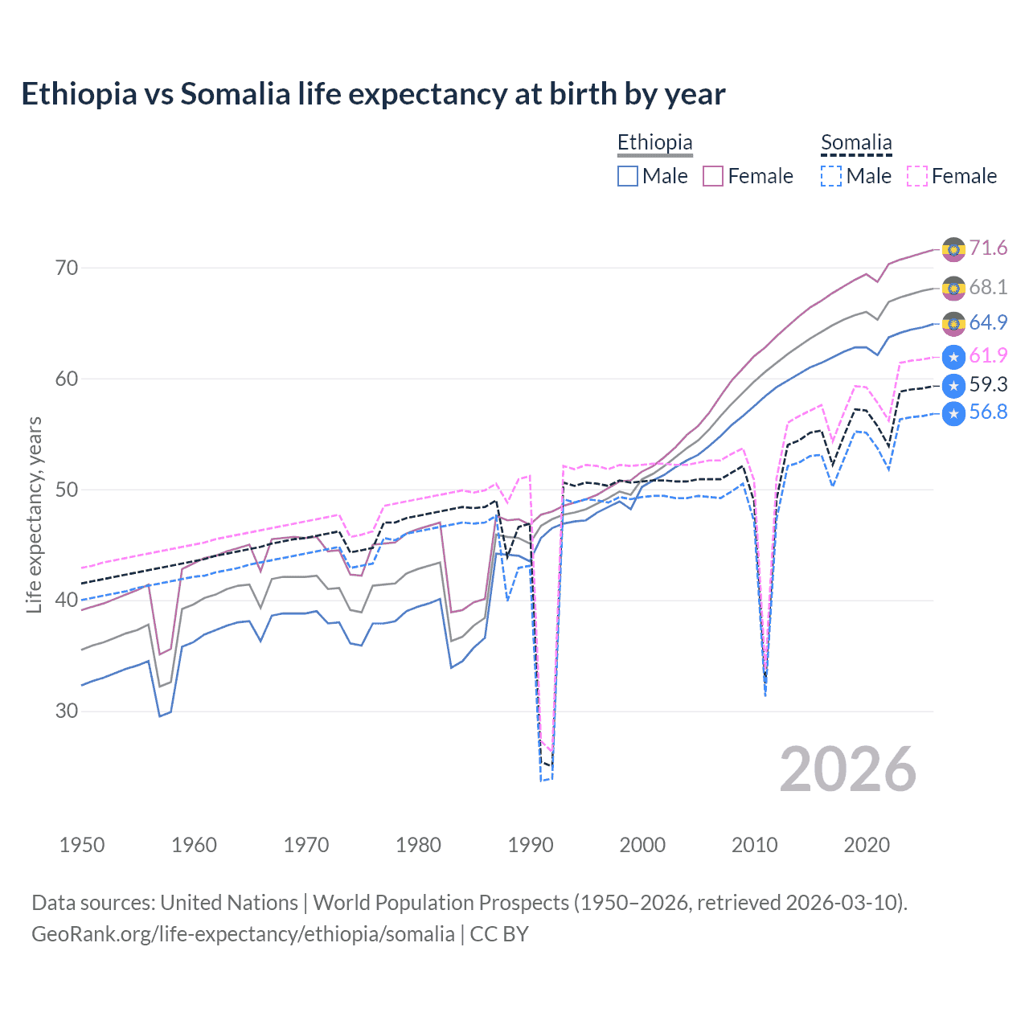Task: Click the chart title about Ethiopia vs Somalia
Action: (373, 94)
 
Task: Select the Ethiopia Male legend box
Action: (628, 176)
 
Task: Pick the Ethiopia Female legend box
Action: (713, 176)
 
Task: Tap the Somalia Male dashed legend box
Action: (831, 176)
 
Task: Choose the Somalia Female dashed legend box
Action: (917, 176)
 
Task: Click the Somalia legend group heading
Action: (856, 143)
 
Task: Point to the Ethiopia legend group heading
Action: (654, 143)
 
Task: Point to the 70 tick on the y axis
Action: (67, 268)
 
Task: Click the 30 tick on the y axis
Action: (67, 711)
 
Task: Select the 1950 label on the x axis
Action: (82, 845)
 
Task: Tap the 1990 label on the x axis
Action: (531, 845)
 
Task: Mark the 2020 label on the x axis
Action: (867, 845)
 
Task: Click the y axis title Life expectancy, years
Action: (34, 514)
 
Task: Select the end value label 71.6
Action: (988, 248)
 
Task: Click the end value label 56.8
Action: (988, 412)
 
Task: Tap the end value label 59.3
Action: (988, 385)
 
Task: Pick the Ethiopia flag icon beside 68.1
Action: (953, 288)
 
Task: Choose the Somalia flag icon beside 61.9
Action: (953, 356)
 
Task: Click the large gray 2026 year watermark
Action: (848, 769)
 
